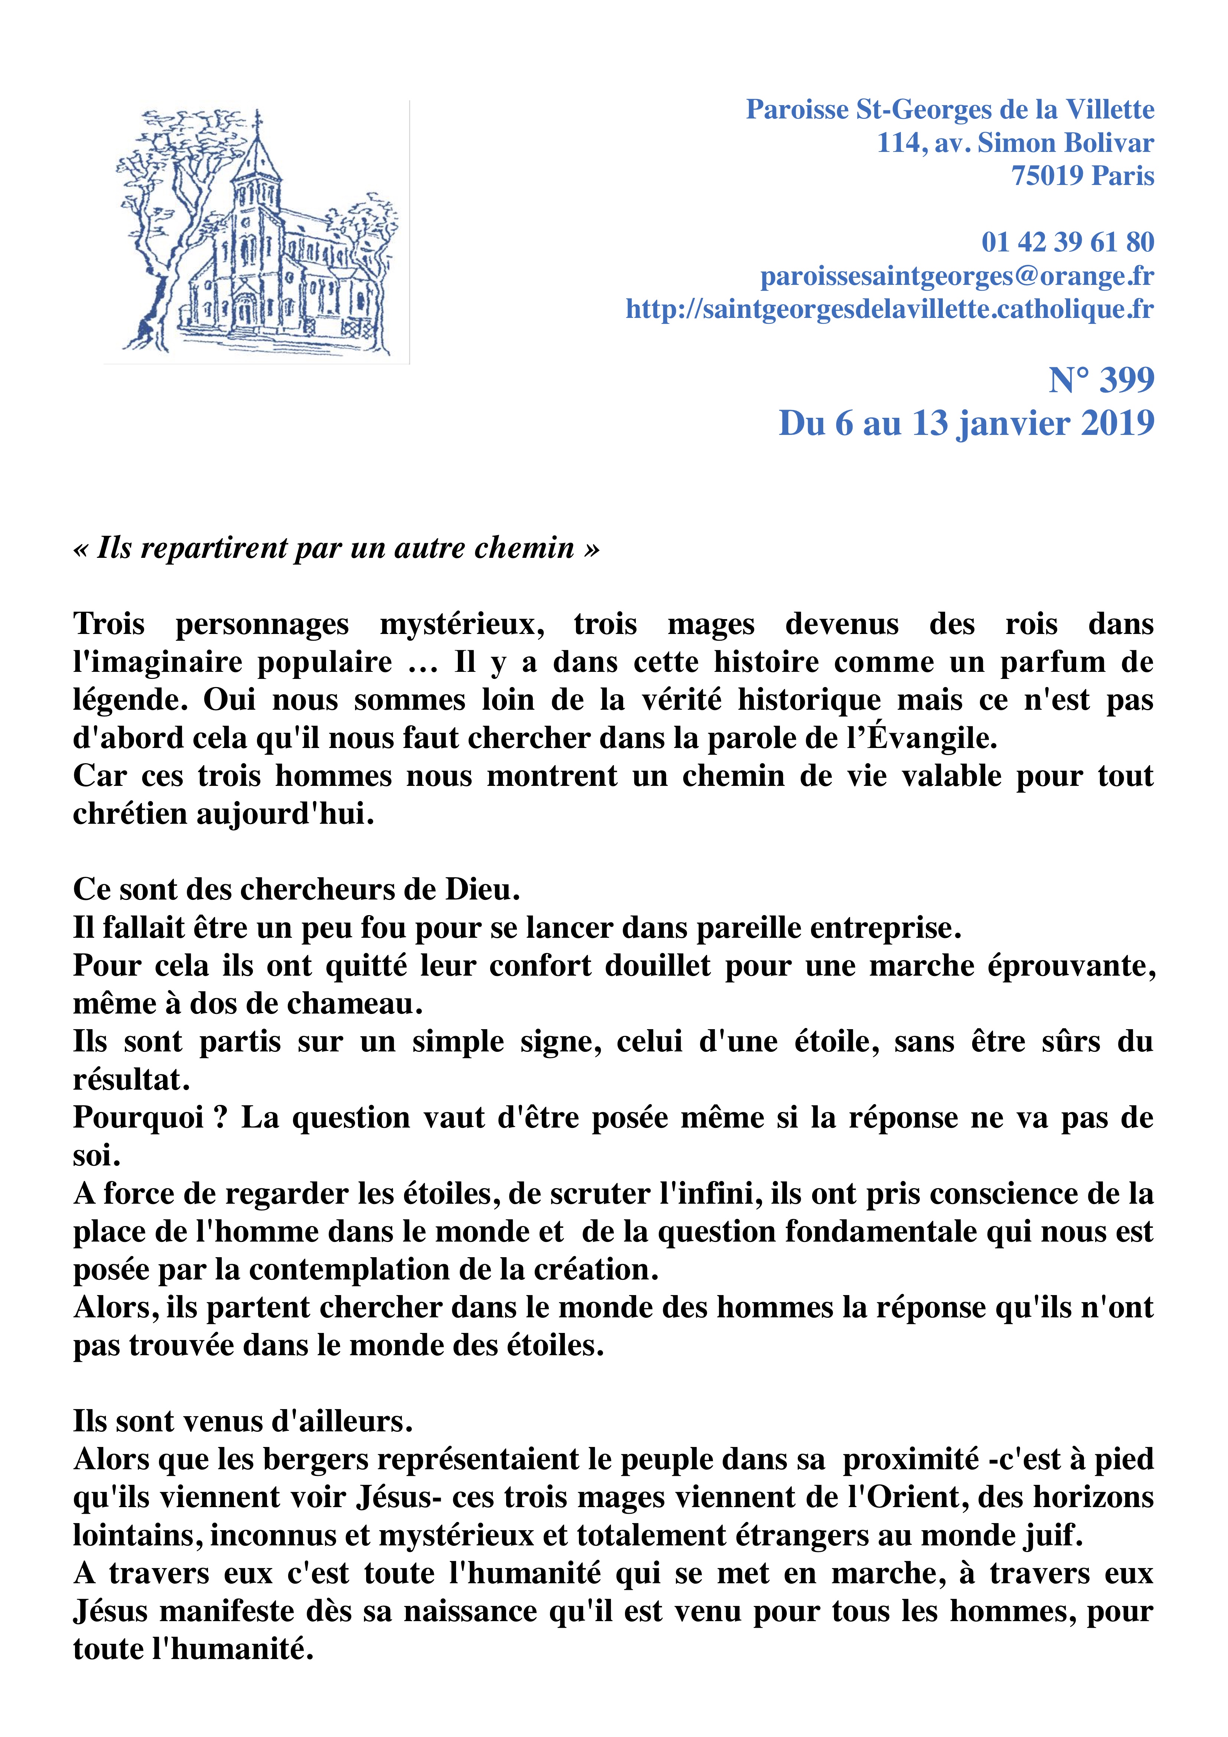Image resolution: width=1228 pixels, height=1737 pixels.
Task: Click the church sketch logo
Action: coord(257,233)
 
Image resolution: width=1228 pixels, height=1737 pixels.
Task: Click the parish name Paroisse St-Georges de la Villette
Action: coord(949,110)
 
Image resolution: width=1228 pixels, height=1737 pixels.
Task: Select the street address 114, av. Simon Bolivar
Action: coord(1015,143)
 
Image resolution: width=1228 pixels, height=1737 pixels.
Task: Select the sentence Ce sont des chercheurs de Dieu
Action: coord(297,890)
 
